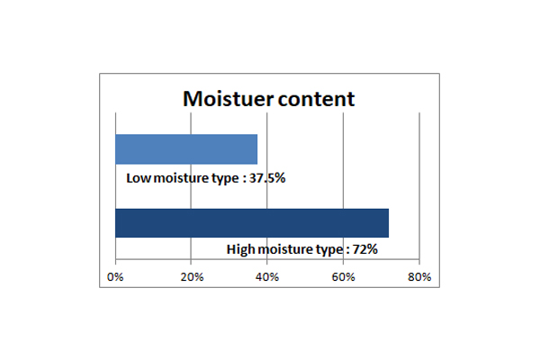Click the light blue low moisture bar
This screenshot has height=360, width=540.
point(186,149)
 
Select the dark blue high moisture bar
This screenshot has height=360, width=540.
point(252,223)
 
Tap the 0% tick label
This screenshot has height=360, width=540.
point(115,277)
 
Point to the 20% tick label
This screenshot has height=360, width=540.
point(192,277)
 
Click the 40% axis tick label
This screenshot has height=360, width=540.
point(267,277)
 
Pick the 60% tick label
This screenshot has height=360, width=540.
point(344,277)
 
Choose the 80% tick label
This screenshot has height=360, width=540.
point(419,277)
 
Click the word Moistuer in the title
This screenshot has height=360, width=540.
point(228,99)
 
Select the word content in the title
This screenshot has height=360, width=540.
point(316,99)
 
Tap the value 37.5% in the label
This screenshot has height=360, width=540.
point(267,178)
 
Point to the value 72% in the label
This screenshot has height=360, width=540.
point(365,249)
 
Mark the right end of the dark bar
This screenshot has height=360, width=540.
point(389,223)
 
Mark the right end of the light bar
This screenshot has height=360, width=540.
point(257,149)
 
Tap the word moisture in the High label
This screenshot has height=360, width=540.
point(285,249)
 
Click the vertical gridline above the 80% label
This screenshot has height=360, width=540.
point(419,185)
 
